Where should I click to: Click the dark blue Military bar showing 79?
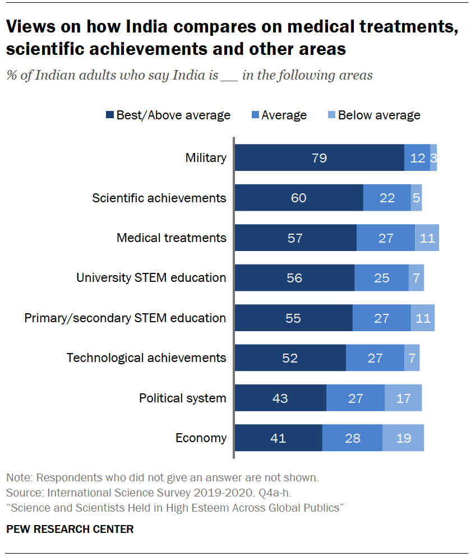pos(319,157)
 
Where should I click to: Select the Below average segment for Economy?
pos(403,438)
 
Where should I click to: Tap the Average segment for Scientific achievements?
pos(387,198)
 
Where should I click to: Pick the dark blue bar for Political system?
pos(280,398)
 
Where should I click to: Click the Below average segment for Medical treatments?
pos(427,238)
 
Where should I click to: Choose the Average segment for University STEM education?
pos(381,278)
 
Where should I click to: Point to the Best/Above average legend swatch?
pos(110,115)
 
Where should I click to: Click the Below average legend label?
pos(379,115)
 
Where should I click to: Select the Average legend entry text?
pos(284,115)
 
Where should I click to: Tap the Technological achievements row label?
pos(146,358)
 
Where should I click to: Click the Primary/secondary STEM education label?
pos(125,318)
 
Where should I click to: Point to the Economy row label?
pos(201,438)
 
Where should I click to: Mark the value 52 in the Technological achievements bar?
pos(290,358)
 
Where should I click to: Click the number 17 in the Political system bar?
pos(403,398)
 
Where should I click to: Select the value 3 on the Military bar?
pos(433,157)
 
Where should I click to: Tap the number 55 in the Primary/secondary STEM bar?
pos(293,318)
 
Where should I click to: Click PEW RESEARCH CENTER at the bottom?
pos(70,529)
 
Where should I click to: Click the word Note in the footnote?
pos(17,478)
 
